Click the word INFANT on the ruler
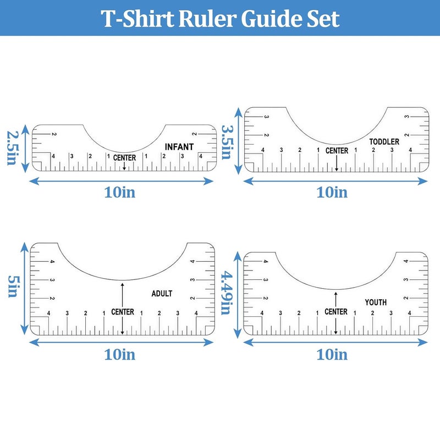[x=179, y=147]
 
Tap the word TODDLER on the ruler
[x=384, y=142]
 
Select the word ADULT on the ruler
[x=162, y=294]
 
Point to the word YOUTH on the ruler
[x=376, y=302]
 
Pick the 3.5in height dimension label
[x=227, y=142]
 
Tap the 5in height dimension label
[x=13, y=286]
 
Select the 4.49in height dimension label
[x=227, y=293]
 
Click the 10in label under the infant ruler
[x=120, y=193]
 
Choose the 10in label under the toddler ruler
[x=332, y=193]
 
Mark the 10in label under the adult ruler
[x=120, y=354]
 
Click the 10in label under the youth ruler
[x=332, y=354]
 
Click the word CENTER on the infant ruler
[x=125, y=158]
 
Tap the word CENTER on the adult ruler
[x=123, y=312]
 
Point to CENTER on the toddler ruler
[x=337, y=151]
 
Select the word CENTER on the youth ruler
[x=336, y=311]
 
